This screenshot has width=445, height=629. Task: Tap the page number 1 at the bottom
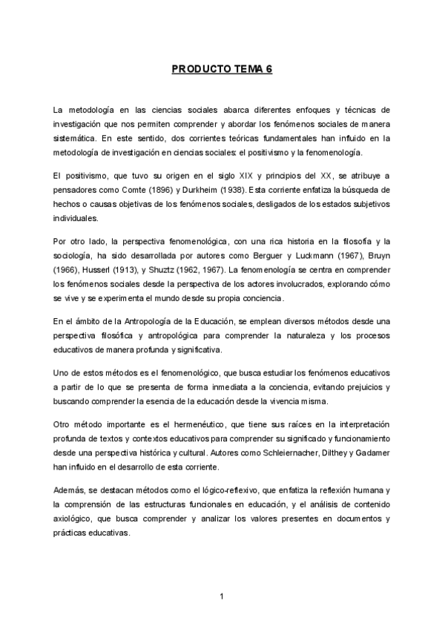(222, 596)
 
